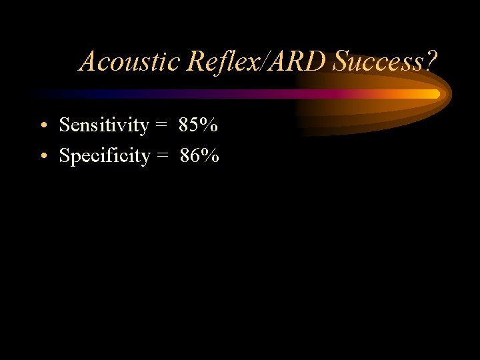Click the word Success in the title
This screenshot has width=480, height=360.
click(378, 61)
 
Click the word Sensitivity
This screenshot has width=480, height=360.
click(103, 125)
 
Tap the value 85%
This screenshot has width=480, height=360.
click(198, 125)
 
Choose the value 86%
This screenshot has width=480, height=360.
click(199, 156)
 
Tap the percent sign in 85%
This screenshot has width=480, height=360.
click(209, 125)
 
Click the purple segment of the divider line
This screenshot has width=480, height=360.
click(220, 94)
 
